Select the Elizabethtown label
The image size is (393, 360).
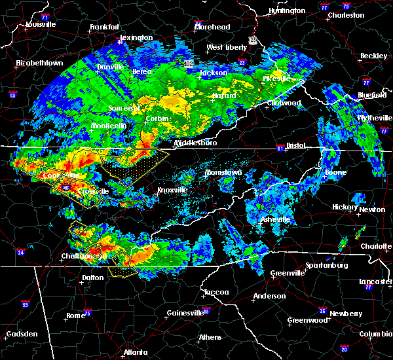pos(40,63)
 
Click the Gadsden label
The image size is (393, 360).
pos(22,334)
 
